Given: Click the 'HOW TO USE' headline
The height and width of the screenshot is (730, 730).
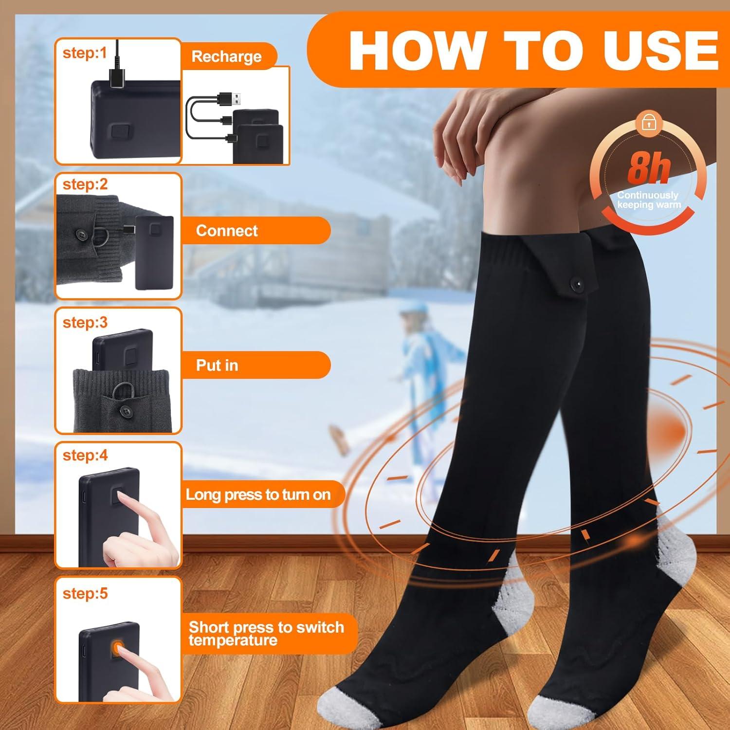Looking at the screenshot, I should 533,50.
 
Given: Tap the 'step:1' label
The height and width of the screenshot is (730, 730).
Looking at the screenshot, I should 85,53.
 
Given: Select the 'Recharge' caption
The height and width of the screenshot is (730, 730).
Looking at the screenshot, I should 226,56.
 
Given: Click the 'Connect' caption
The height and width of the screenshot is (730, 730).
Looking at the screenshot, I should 227,231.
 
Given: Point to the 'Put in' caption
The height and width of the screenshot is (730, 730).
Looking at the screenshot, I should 217,365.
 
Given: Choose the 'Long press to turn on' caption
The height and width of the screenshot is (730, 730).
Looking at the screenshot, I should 258,495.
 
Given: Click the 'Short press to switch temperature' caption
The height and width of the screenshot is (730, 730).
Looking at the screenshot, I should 266,633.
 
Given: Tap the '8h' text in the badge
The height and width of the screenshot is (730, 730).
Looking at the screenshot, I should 648,168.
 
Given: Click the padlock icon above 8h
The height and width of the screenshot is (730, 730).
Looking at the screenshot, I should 649,123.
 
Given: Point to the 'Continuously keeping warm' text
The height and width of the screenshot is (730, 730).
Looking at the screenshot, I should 648,200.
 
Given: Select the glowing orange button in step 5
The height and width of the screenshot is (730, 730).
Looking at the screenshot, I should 118,648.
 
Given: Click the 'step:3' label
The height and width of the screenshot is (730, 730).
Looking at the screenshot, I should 85,322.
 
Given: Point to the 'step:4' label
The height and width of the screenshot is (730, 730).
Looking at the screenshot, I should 85,456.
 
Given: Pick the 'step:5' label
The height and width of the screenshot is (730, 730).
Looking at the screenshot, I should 85,594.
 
